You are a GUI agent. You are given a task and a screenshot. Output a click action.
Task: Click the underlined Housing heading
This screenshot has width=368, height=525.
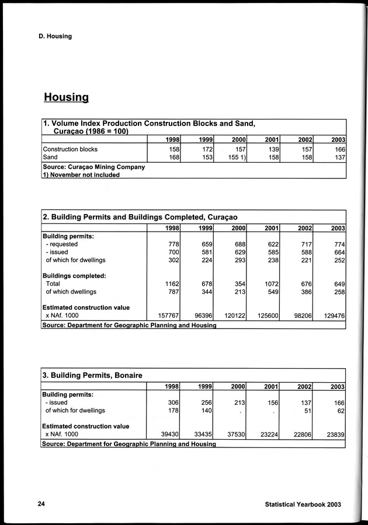point(66,97)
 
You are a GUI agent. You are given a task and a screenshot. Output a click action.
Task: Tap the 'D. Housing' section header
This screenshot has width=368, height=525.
point(51,36)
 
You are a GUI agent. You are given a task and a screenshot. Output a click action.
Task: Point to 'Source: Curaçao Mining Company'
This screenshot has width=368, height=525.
point(93,166)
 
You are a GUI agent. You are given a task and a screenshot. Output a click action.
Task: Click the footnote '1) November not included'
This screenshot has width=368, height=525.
point(81,174)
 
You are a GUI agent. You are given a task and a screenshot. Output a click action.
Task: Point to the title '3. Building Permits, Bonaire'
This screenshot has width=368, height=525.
point(92,374)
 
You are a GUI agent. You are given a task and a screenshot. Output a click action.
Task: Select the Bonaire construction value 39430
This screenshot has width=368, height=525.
point(169,434)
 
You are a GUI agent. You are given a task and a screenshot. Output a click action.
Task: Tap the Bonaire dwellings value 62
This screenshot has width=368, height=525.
point(340,411)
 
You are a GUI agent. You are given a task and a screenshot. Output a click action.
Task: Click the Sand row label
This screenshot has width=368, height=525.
point(51,157)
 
